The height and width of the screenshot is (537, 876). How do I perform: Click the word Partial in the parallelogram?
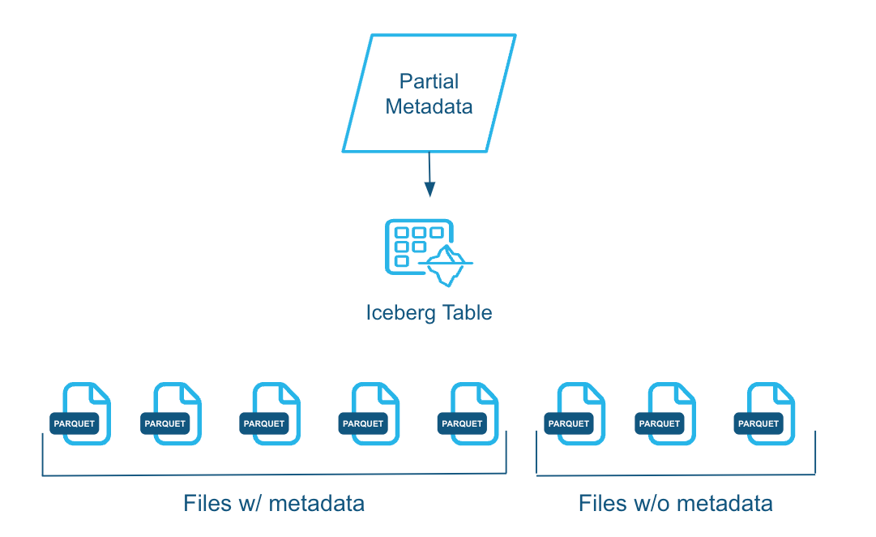pos(429,81)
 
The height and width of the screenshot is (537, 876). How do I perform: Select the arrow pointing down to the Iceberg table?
pos(429,174)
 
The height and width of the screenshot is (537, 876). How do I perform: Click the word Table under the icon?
pos(466,313)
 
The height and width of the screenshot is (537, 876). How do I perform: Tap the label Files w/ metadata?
pos(274,504)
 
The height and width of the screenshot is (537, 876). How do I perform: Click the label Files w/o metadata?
pos(675,504)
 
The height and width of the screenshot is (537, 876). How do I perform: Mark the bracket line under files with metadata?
pos(274,475)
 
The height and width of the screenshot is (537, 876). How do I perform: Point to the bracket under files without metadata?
pos(675,474)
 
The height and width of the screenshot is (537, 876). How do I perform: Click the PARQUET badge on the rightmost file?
pos(758,423)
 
